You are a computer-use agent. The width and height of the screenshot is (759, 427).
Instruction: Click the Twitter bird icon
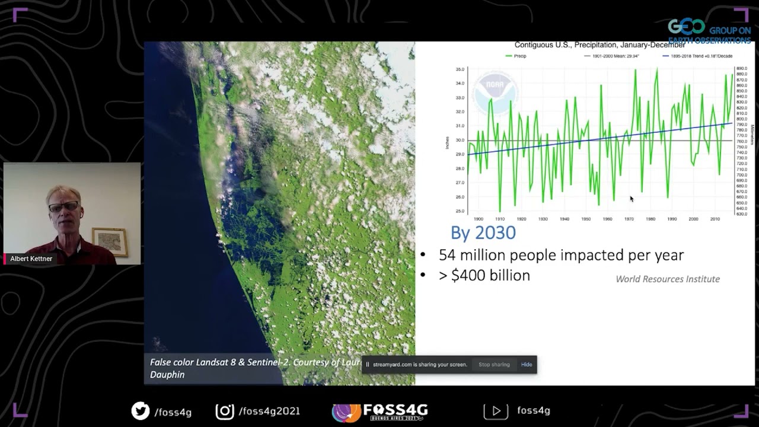coord(141,411)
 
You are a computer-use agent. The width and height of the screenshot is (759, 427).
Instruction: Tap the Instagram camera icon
coord(224,411)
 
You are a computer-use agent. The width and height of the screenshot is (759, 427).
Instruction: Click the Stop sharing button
coord(494,365)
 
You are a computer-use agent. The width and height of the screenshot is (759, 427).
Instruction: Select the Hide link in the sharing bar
coord(527,365)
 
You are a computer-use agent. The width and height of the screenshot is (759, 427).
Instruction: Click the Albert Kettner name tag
coord(31,259)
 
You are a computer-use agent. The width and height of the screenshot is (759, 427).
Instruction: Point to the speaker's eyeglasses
coord(63,206)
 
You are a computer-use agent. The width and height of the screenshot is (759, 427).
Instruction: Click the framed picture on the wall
coord(110,241)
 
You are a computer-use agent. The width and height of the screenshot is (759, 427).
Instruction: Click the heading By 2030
coord(483,232)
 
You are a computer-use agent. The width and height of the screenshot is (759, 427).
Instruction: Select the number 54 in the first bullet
coord(447,255)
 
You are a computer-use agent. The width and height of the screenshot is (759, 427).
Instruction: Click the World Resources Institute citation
coord(667,279)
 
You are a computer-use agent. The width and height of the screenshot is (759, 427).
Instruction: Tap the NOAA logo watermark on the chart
coord(495,92)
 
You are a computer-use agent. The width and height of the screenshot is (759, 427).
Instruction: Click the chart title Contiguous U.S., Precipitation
coord(599,45)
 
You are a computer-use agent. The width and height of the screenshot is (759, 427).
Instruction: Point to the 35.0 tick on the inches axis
coord(460,69)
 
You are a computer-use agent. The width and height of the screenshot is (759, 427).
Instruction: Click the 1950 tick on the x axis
coord(585,219)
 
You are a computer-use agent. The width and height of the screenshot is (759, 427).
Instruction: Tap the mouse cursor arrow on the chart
coord(631,199)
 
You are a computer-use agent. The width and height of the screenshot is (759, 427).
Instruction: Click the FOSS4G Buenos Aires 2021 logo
coord(379,411)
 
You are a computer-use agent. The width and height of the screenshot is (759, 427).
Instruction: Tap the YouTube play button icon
coord(496,411)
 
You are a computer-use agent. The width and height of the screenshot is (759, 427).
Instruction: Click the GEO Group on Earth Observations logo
coord(709,31)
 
